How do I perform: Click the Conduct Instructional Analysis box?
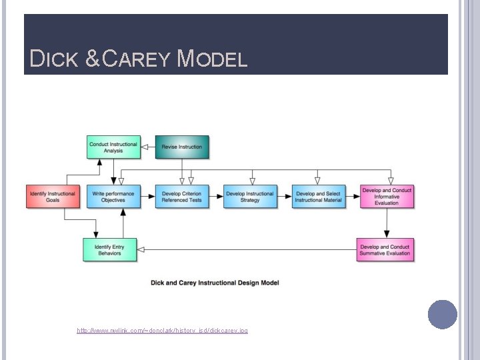(x=113, y=147)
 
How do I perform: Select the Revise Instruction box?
(x=181, y=147)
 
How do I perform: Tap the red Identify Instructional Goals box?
(x=53, y=197)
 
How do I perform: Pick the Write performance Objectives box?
(x=113, y=197)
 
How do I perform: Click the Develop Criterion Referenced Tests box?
(x=181, y=197)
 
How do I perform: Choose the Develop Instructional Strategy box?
(x=250, y=197)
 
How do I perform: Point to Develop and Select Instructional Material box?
(x=319, y=197)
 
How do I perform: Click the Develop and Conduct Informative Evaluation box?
(x=387, y=197)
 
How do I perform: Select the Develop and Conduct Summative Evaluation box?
(x=385, y=249)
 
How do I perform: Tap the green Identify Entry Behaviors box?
(x=109, y=249)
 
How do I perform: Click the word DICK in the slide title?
(x=55, y=60)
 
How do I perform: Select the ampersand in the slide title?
(x=93, y=60)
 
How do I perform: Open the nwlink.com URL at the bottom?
(x=162, y=331)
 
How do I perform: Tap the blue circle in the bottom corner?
(x=442, y=315)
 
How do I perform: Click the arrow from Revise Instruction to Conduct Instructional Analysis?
(x=148, y=147)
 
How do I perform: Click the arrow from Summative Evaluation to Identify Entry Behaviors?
(x=247, y=250)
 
